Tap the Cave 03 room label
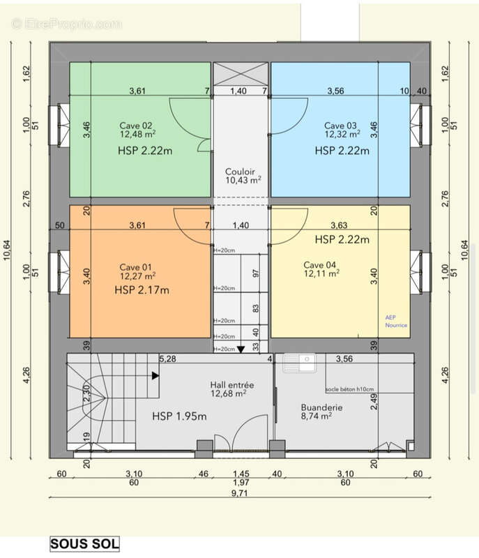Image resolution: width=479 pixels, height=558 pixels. [x=340, y=125]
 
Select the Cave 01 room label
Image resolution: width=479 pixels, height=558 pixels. [x=135, y=267]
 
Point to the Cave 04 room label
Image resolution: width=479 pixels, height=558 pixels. [x=320, y=264]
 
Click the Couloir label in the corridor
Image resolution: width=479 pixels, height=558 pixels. [x=241, y=172]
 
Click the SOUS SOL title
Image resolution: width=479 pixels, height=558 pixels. [x=84, y=543]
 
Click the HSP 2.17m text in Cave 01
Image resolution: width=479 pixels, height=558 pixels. [x=143, y=289]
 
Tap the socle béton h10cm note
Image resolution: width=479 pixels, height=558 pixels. [x=349, y=389]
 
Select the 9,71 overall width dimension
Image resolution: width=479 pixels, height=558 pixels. [x=240, y=493]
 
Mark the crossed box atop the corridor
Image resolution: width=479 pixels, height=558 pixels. [x=240, y=73]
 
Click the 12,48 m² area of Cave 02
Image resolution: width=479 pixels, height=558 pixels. [x=137, y=135]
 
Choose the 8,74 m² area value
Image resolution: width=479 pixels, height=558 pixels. [x=316, y=416]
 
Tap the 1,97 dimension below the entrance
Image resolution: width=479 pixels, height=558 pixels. [x=240, y=483]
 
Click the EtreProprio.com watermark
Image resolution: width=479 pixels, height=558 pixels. [x=66, y=24]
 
